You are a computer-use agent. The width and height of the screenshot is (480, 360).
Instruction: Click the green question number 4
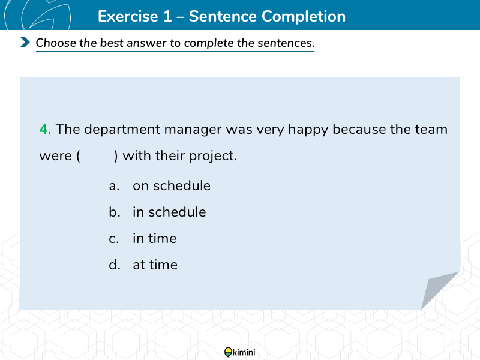(x=45, y=129)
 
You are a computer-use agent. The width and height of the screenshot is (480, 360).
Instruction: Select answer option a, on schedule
(x=160, y=185)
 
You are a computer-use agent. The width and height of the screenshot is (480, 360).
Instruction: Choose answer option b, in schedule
(x=157, y=212)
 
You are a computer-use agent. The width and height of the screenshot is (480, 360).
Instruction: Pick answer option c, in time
(x=143, y=238)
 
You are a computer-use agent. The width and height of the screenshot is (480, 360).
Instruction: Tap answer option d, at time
(x=143, y=265)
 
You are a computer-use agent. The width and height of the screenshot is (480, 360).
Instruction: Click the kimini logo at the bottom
(x=239, y=352)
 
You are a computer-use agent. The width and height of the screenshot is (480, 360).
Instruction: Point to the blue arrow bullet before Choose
(x=25, y=42)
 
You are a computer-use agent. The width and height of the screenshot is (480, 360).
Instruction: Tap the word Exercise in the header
(x=128, y=16)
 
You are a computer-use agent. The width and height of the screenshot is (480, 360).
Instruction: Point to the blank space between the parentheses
(x=97, y=156)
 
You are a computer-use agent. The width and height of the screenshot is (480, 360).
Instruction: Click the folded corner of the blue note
(x=437, y=288)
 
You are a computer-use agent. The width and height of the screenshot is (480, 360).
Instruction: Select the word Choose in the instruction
(x=56, y=43)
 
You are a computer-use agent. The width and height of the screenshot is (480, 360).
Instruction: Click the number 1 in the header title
(x=167, y=16)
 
